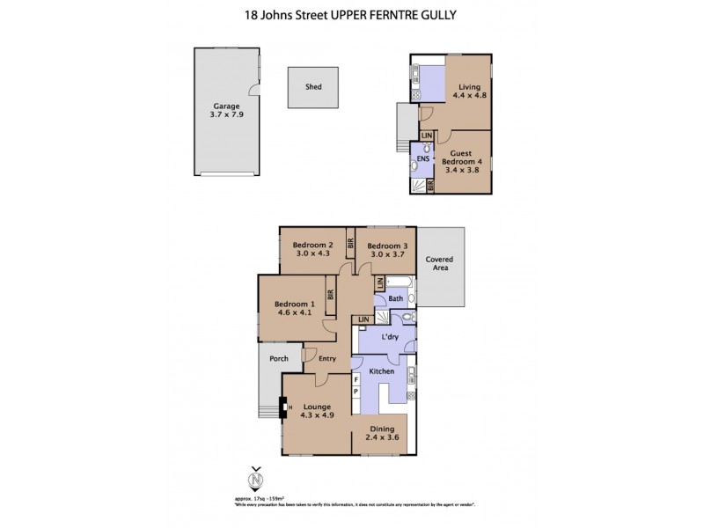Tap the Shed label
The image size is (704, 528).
pyautogui.click(x=313, y=87)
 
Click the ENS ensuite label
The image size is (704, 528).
pyautogui.click(x=422, y=160)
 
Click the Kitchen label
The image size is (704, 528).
pyautogui.click(x=381, y=371)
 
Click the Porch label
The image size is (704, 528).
pyautogui.click(x=278, y=358)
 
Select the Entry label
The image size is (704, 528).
pyautogui.click(x=327, y=358)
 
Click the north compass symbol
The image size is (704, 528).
pyautogui.click(x=256, y=480)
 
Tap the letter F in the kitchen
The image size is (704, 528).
pyautogui.click(x=356, y=378)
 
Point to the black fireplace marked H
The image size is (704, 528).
pyautogui.click(x=283, y=407)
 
